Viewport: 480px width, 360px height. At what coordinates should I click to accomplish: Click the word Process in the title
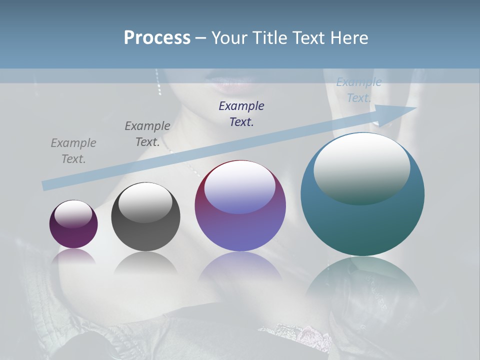coord(157,38)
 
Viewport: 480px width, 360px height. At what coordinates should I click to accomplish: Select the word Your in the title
coord(228,38)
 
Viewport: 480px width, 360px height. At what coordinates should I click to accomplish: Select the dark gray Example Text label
coord(147,134)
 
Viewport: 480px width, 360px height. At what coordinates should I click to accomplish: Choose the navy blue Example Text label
coord(241,113)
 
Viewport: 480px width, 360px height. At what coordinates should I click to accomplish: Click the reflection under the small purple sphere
coord(74,256)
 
